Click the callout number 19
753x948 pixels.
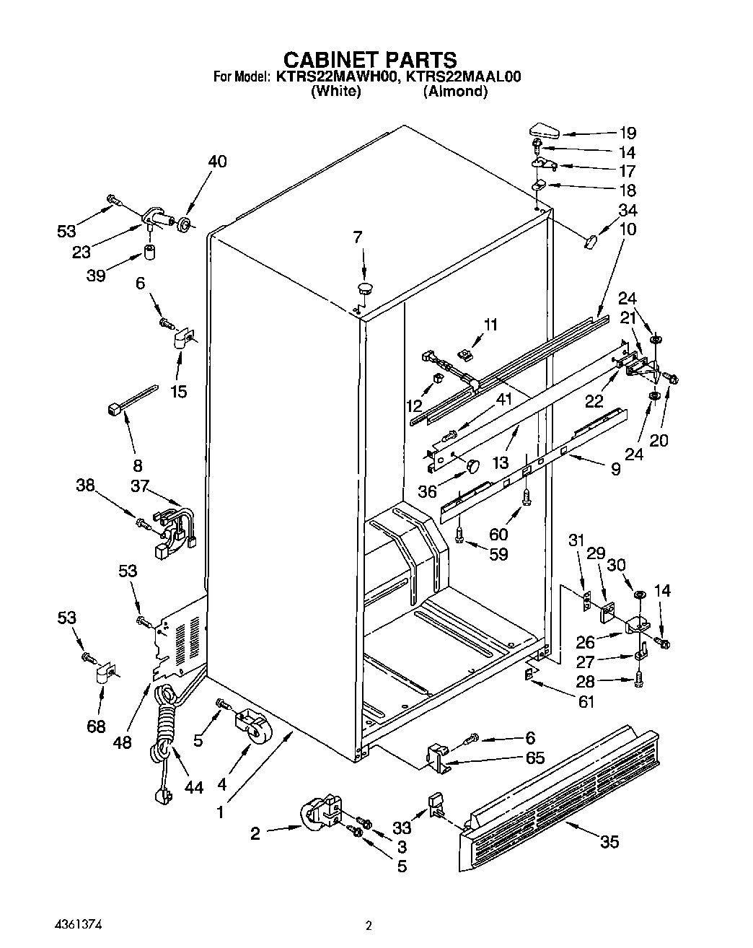tap(627, 133)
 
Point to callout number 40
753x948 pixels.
tap(216, 162)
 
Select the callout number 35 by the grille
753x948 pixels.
tap(609, 841)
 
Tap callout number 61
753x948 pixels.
tap(586, 701)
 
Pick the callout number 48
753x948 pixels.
tap(123, 741)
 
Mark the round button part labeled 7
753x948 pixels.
tap(366, 289)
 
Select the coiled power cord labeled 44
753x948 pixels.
tap(164, 729)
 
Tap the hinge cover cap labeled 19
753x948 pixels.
tap(544, 131)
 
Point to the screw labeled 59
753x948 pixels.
tap(460, 535)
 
